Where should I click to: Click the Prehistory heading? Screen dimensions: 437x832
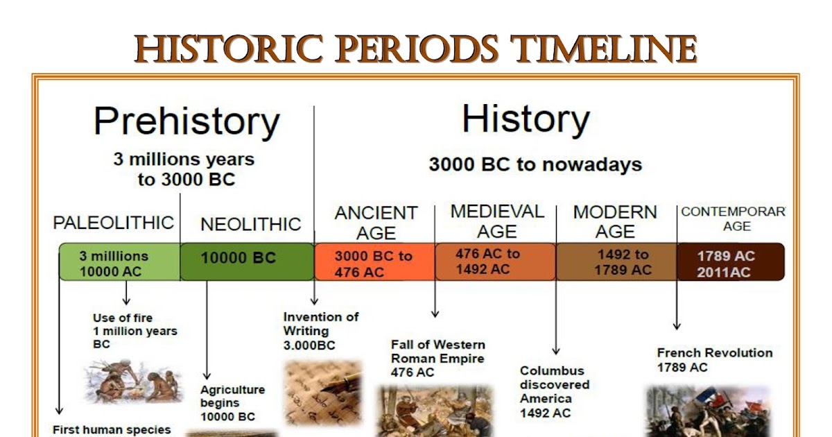pos(187,122)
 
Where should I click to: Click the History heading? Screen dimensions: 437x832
pos(526,119)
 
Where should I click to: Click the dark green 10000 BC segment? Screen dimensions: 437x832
pos(246,261)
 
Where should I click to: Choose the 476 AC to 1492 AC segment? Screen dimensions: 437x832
pos(495,261)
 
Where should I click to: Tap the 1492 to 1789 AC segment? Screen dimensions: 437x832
pos(616,262)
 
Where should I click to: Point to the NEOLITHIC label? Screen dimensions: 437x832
pos(250,224)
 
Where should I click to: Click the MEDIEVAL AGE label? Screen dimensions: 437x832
pos(496,221)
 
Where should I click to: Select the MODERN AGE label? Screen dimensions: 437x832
pos(614,221)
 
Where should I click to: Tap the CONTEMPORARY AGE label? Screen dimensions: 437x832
pos(734,218)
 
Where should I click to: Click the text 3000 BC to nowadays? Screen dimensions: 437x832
pos(535,165)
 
